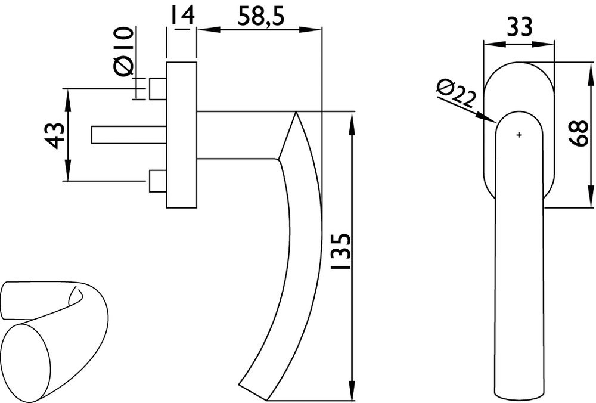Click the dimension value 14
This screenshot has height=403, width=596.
click(x=181, y=15)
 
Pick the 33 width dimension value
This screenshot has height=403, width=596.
click(x=520, y=27)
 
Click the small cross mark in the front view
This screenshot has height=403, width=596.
click(x=519, y=135)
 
